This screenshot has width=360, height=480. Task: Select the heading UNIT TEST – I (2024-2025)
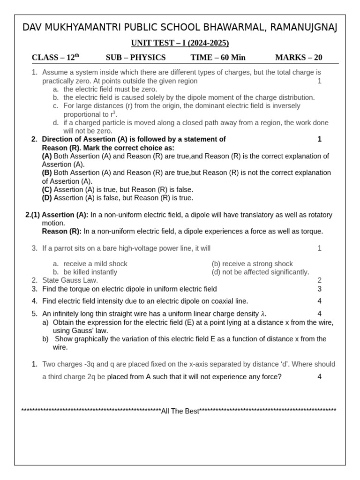(180, 43)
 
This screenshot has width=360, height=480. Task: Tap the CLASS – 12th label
(55, 58)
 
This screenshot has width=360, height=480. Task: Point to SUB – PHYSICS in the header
(135, 58)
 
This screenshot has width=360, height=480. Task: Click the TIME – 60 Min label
(217, 58)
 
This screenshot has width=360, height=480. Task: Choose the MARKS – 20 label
(299, 58)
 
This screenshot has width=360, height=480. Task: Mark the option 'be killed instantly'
(90, 272)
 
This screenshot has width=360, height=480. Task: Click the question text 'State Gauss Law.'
(70, 280)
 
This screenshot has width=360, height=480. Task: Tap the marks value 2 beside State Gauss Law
(320, 280)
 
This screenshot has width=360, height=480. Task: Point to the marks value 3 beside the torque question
(320, 289)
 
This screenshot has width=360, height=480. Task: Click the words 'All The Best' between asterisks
(180, 411)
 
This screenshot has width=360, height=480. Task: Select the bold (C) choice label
(47, 189)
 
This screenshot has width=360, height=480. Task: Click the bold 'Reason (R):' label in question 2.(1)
(61, 231)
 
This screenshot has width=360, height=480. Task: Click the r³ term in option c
(113, 114)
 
